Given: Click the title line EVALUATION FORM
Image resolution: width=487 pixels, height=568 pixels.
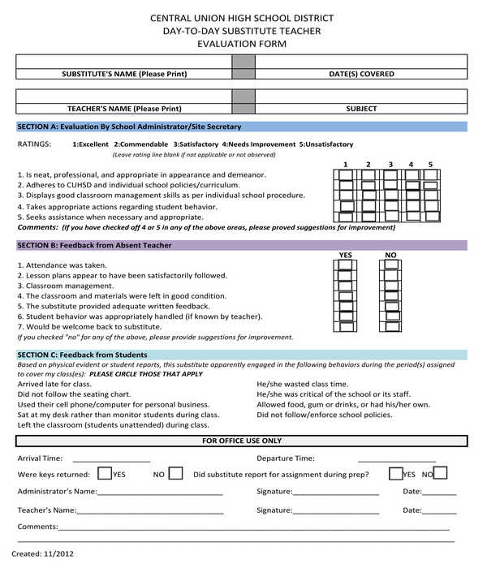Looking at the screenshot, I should coord(242,44).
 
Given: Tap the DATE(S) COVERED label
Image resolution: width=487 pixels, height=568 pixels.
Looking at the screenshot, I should coord(361,74).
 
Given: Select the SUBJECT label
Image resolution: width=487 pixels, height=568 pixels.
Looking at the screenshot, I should coord(361,108).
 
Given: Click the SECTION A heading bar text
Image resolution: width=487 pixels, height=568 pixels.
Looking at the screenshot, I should coord(129,127).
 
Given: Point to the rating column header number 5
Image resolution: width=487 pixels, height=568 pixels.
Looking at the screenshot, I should coord(430,165).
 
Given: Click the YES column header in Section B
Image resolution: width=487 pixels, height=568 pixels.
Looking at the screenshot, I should coord(346,255).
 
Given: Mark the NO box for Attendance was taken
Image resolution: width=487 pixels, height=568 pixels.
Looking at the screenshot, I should coord(390,265).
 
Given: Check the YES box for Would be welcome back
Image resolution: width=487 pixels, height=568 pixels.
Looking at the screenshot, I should coord(346,327).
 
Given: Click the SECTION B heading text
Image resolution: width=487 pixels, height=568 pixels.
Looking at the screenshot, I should coord(94,245).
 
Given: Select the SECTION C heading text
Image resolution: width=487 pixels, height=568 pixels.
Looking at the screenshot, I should coord(82,355).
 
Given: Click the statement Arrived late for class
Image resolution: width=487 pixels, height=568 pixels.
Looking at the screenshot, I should coord(55,384).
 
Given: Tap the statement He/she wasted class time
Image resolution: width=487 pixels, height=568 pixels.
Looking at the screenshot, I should coord(302,384).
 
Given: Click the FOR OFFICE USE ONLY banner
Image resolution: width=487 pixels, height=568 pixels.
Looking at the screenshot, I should coord(242,441).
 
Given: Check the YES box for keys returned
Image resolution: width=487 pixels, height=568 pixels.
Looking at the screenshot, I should coord(105,473).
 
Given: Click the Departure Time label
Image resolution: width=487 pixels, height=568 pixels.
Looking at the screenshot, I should coord(286,458).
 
